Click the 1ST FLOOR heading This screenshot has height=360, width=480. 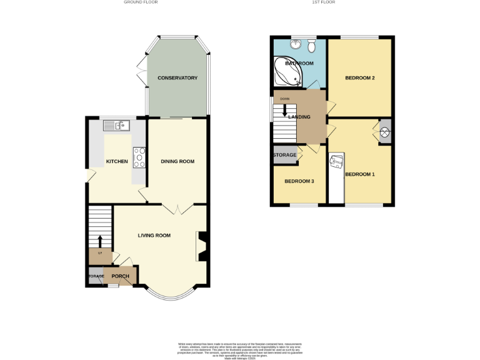point(323,2)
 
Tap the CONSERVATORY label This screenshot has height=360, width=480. point(177,78)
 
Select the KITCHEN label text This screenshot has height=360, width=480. point(117,161)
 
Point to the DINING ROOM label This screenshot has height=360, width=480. point(177,161)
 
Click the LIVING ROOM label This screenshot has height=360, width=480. point(154,236)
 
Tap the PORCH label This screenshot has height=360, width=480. point(120,276)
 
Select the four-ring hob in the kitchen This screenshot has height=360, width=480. point(139,158)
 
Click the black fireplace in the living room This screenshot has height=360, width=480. point(201,246)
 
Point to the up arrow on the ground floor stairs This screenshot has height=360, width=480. point(99,241)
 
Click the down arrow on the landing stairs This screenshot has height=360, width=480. point(285,110)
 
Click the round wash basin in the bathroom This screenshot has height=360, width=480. point(296,44)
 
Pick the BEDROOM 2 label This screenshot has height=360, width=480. point(359,78)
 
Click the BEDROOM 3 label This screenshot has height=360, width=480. point(299,181)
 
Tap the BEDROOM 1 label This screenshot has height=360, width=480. point(359,174)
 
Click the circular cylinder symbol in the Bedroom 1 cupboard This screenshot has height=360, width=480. point(385,132)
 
